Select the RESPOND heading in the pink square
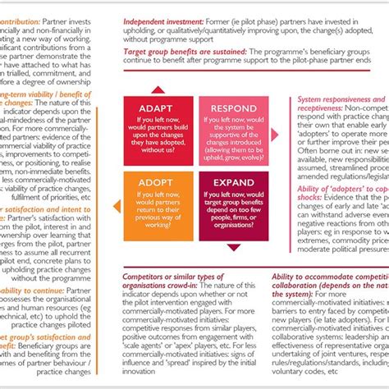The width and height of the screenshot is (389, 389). (233, 109)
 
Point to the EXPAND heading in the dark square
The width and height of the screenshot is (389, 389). (233, 182)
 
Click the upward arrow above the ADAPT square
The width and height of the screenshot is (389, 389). (158, 89)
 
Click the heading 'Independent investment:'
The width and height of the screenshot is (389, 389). (164, 19)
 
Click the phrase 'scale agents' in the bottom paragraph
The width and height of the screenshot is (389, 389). (140, 336)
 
